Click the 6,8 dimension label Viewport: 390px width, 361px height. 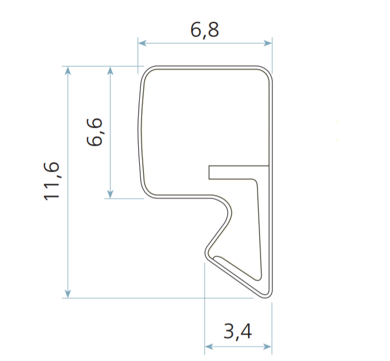point(205,30)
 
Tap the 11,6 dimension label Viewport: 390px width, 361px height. point(52,181)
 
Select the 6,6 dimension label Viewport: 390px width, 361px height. point(95,132)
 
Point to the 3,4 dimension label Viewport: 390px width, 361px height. point(238,332)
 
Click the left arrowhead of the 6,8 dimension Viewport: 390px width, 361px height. point(142,43)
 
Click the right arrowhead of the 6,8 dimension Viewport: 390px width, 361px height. point(268,43)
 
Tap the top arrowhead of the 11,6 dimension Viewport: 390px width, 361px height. point(68,70)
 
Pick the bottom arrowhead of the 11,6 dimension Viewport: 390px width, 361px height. point(68,293)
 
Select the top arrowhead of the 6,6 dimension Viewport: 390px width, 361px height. point(110,70)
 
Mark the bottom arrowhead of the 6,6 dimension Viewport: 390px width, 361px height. point(110,194)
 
